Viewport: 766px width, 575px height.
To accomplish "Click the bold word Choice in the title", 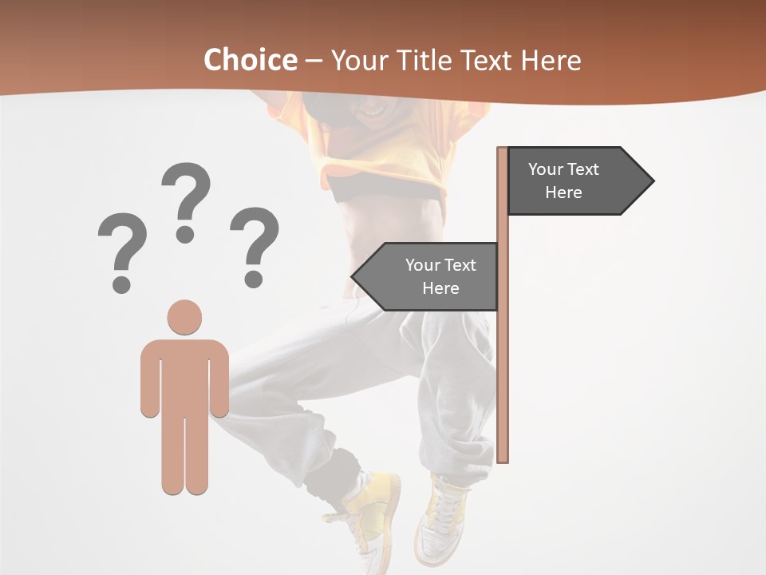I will click(249, 60).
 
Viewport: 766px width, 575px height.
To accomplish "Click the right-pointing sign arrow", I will click(579, 180).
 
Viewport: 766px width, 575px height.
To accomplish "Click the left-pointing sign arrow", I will click(427, 276).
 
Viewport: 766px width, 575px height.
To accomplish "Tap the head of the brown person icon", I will click(184, 317).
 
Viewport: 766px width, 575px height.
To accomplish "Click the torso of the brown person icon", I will click(184, 375).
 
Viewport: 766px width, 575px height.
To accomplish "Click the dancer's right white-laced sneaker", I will click(441, 519).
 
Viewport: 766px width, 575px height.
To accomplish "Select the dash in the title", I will click(314, 60).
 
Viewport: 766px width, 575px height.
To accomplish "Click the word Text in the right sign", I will click(583, 169).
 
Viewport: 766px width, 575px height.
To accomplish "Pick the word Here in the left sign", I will click(440, 288).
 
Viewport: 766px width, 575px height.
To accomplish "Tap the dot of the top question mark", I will click(185, 233).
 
